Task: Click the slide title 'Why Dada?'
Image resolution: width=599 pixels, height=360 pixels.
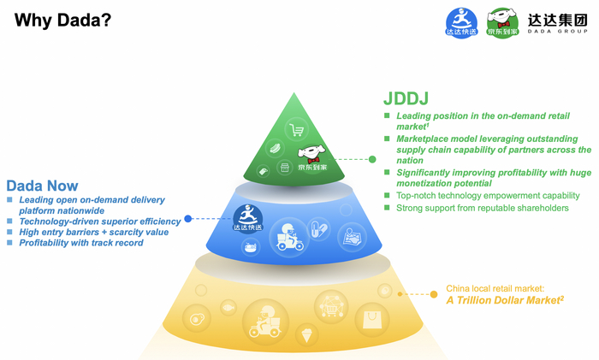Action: click(62, 18)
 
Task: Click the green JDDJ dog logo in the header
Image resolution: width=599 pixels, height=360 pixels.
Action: click(502, 21)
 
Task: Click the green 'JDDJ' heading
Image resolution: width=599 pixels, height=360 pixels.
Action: click(405, 98)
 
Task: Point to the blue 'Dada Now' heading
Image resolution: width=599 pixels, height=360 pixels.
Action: click(42, 186)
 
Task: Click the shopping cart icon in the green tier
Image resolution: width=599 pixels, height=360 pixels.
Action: click(297, 130)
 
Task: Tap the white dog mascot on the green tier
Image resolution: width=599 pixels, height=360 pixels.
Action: click(311, 154)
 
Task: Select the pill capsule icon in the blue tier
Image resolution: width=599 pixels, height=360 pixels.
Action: click(318, 228)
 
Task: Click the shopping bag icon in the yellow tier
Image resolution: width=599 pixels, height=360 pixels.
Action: click(372, 321)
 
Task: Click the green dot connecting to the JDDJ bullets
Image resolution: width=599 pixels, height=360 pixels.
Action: click(372, 159)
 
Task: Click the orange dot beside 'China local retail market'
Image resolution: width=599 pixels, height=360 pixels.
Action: click(434, 294)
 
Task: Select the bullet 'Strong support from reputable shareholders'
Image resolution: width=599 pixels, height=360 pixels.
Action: click(482, 208)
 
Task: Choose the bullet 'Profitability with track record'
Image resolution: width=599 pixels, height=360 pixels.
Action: click(80, 243)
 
